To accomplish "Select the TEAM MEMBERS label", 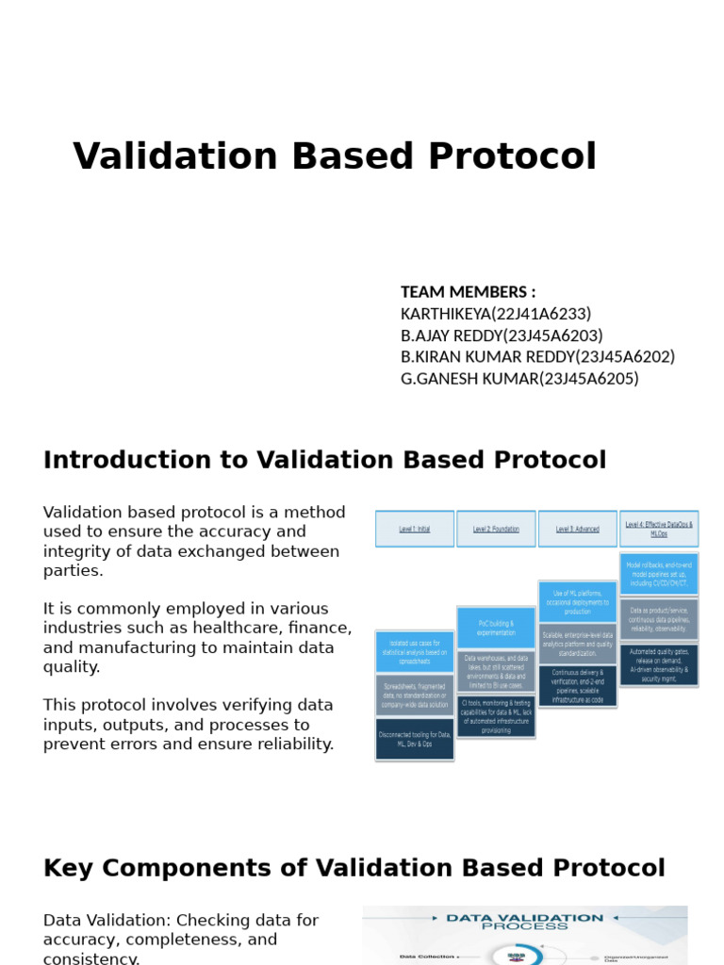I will pyautogui.click(x=468, y=292).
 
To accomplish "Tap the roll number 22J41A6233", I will pyautogui.click(x=541, y=314).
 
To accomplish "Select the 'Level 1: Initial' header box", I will pyautogui.click(x=415, y=530).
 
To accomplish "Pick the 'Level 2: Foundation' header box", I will pyautogui.click(x=496, y=530).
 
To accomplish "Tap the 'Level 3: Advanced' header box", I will pyautogui.click(x=577, y=530).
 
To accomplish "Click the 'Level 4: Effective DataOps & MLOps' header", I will pyautogui.click(x=659, y=529).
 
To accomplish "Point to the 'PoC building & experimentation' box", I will pyautogui.click(x=496, y=628).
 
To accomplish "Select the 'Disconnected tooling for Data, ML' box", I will pyautogui.click(x=415, y=739).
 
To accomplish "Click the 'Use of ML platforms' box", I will pyautogui.click(x=577, y=601).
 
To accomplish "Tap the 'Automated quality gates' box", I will pyautogui.click(x=659, y=665).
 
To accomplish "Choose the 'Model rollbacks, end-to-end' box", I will pyautogui.click(x=659, y=573).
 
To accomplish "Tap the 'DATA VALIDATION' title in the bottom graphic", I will pyautogui.click(x=524, y=917).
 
